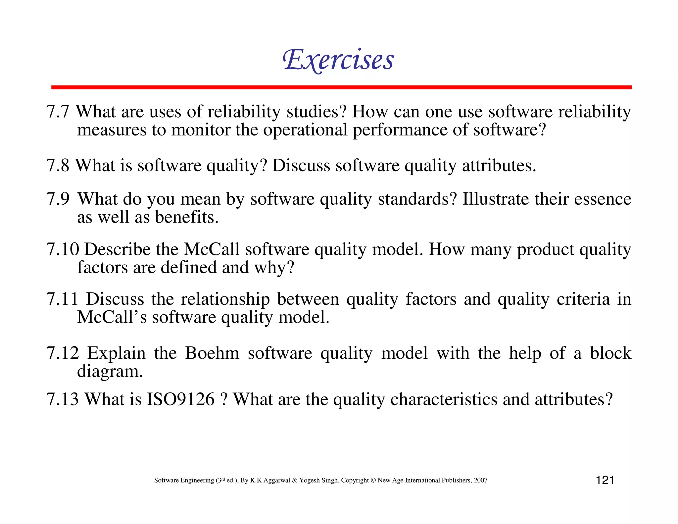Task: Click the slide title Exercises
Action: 338,60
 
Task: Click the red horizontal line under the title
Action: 341,87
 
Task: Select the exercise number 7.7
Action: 58,112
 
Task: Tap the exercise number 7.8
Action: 58,166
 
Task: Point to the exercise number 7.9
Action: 58,199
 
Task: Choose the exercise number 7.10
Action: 63,249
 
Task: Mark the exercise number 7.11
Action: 62,299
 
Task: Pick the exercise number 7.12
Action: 63,353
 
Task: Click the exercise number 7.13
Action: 63,399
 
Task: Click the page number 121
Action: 605,480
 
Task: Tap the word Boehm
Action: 212,353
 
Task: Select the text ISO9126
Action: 180,399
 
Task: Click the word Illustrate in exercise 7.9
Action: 495,199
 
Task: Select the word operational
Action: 305,130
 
